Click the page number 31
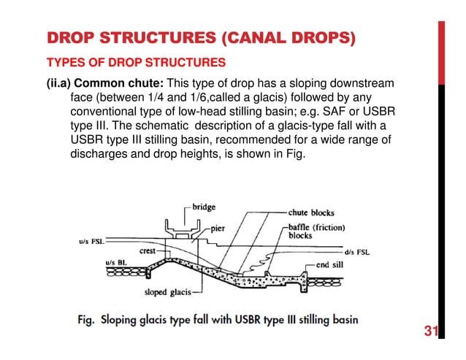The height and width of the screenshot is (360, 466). pos(429,333)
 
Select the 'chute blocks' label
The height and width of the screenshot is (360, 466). pos(311,213)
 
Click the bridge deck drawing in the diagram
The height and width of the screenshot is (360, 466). pos(180,232)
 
